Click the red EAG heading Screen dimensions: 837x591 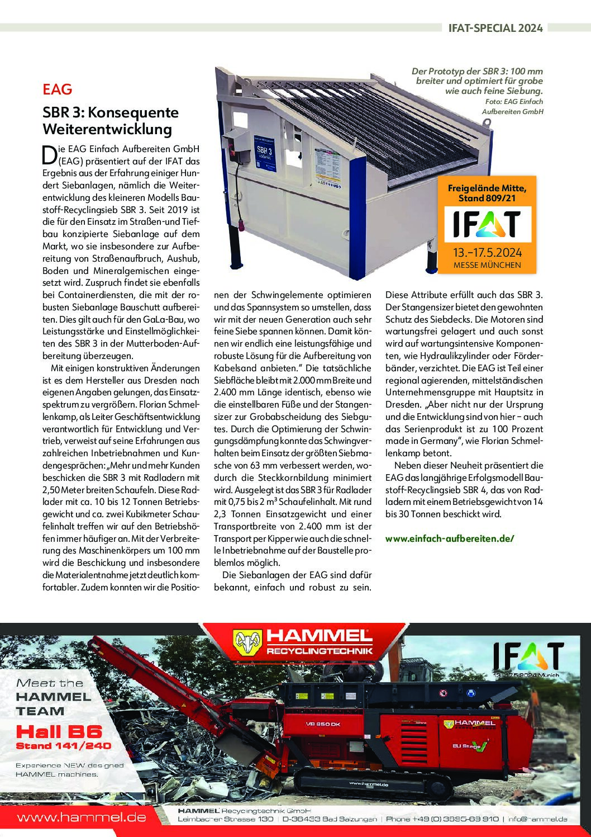point(57,89)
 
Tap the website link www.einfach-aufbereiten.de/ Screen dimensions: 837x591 point(449,538)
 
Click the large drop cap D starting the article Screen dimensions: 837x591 point(49,155)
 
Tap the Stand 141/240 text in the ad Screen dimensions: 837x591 point(63,746)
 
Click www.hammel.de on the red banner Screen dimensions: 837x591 point(82,817)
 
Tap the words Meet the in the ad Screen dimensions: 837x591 point(50,683)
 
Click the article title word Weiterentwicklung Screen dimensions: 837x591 point(107,130)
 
